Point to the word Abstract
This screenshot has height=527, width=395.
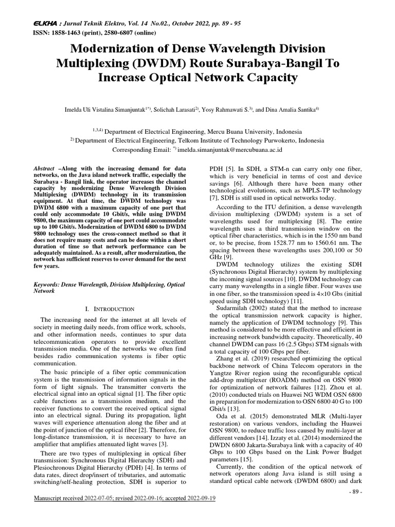click(x=45, y=169)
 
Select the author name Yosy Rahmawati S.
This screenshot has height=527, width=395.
click(x=228, y=109)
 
